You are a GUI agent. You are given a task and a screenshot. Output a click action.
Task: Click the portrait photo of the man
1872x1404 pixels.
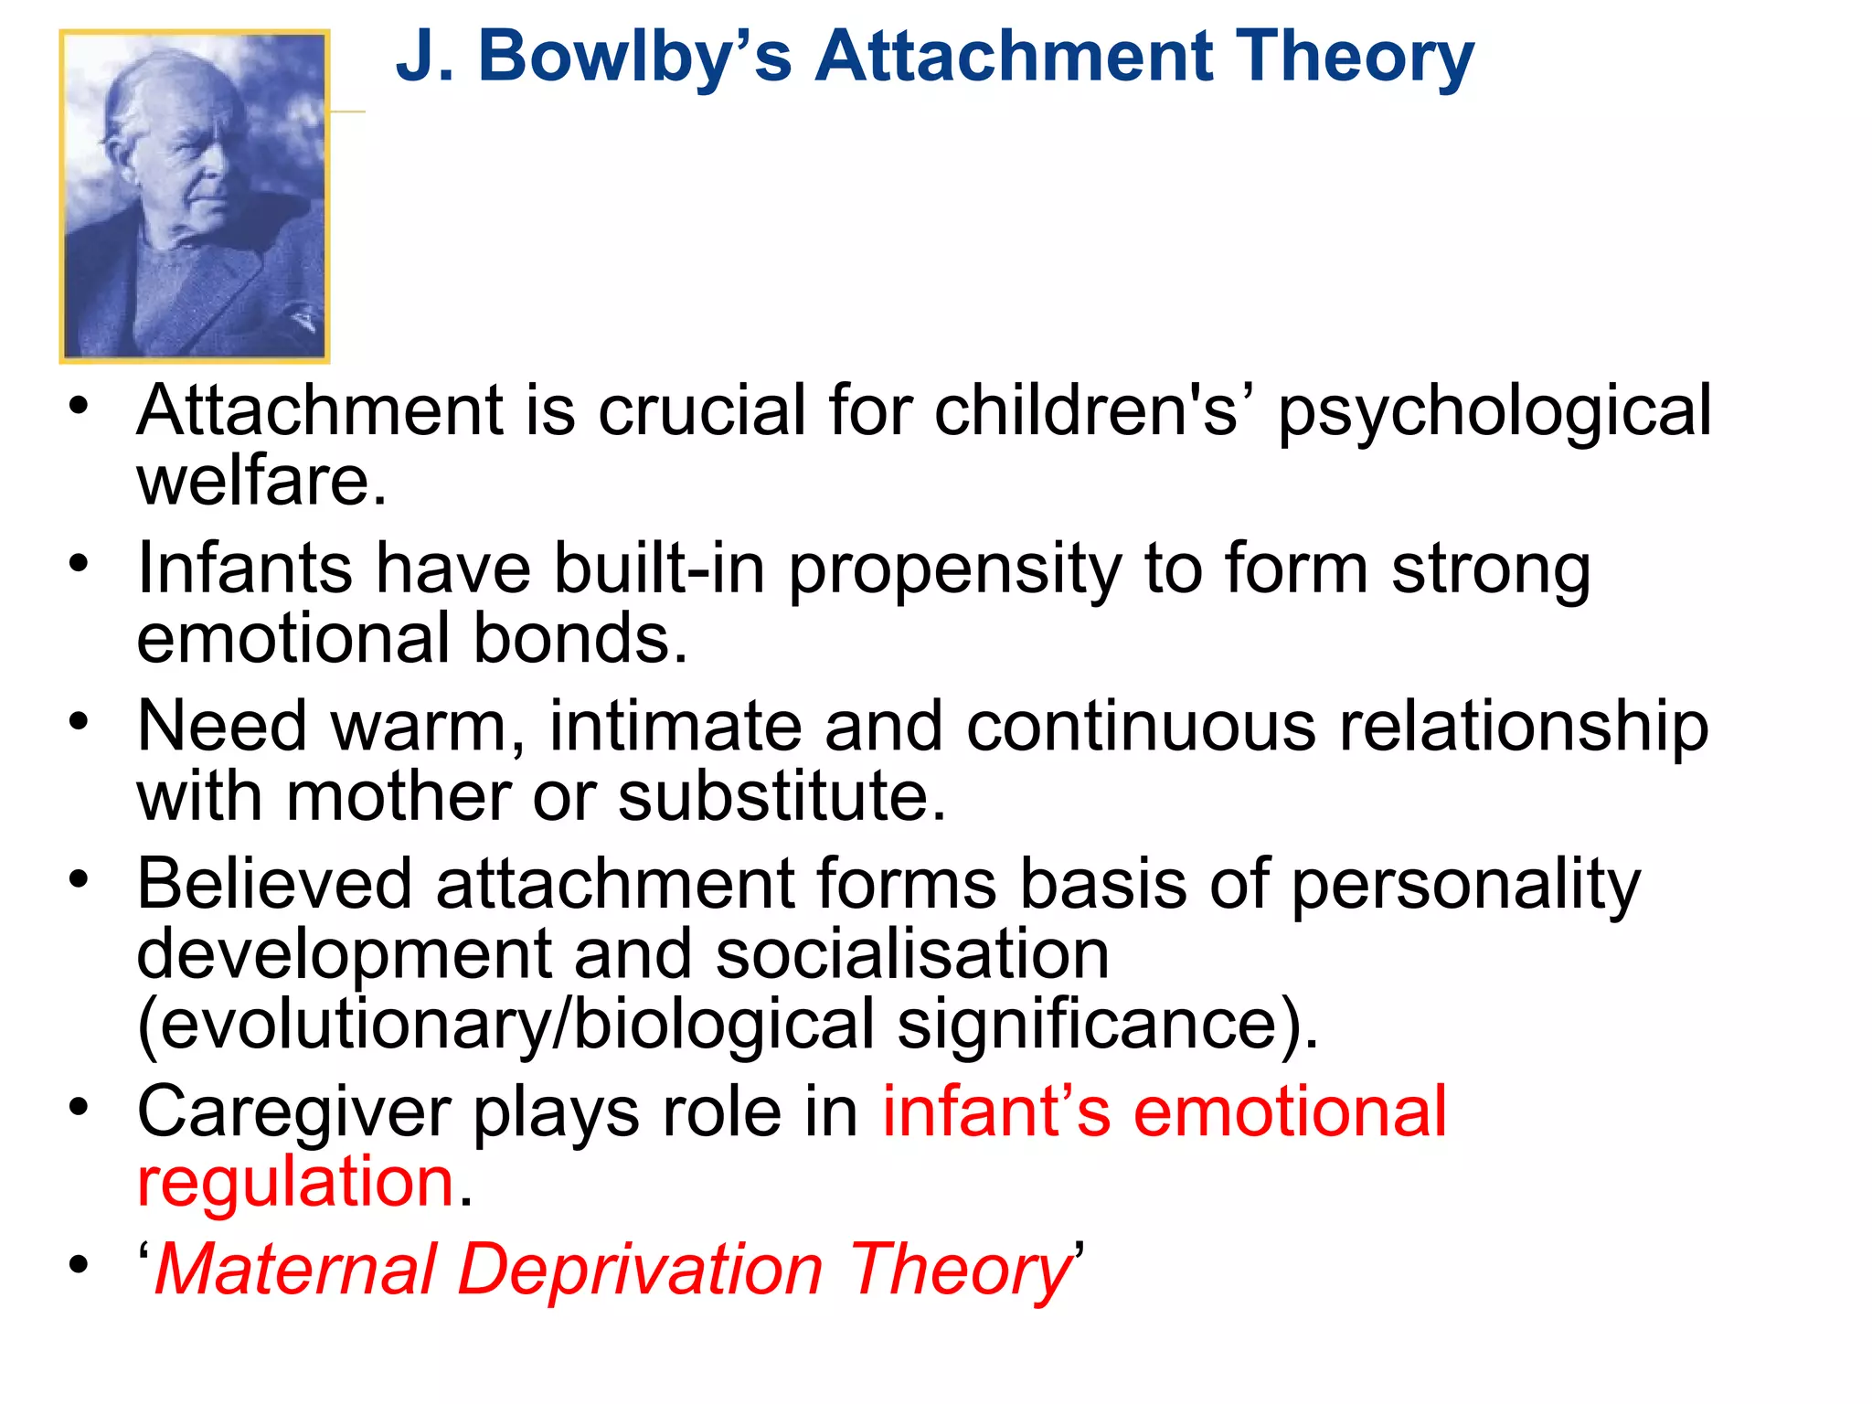(x=195, y=197)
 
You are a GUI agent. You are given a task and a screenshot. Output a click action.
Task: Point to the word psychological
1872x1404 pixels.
(x=1494, y=413)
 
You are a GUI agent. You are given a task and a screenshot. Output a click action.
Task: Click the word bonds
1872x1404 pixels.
(x=580, y=638)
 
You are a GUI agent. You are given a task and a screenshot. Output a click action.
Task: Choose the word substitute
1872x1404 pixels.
(x=782, y=796)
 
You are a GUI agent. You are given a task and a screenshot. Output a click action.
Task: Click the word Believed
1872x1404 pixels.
(x=275, y=884)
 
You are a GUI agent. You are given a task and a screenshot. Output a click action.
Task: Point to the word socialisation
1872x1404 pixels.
(x=911, y=953)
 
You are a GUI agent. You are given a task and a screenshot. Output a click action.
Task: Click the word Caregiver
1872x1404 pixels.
(x=293, y=1112)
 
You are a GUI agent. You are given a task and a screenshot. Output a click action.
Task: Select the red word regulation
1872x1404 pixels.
(x=295, y=1182)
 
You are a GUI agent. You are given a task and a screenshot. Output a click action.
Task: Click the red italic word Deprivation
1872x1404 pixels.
(x=640, y=1270)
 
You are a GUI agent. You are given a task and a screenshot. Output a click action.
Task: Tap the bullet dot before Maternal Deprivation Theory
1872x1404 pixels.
(x=80, y=1266)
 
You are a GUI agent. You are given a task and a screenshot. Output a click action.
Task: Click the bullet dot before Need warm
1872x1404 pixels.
(x=80, y=721)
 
